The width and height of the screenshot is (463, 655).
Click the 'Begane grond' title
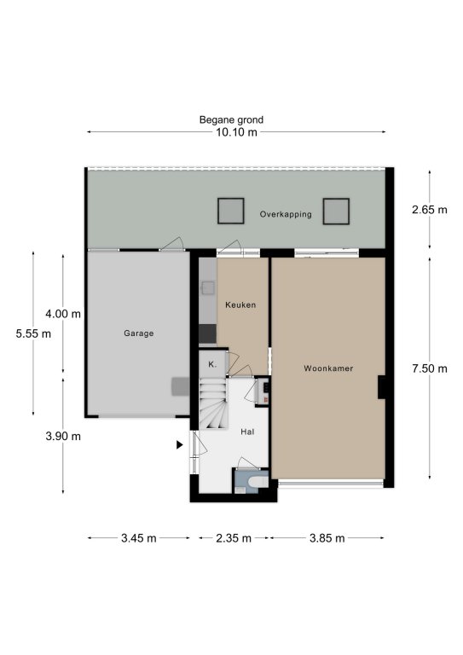(231, 120)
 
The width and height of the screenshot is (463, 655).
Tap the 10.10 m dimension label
(236, 132)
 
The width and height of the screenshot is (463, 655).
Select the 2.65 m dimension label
(429, 210)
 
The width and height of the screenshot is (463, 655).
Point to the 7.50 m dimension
(429, 368)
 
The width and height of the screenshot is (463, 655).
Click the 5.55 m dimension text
(33, 333)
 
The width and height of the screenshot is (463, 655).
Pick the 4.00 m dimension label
(63, 314)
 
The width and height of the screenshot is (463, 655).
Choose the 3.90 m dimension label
(63, 436)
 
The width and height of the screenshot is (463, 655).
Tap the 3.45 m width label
(139, 538)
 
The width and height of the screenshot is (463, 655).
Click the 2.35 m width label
(234, 538)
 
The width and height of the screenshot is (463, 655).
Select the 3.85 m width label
(327, 538)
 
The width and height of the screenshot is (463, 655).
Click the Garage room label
(139, 333)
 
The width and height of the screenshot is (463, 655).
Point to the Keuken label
(240, 305)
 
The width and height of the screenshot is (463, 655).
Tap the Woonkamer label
(328, 368)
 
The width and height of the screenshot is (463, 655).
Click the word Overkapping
(286, 214)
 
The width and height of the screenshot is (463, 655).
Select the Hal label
(247, 432)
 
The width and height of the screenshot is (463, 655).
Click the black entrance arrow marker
(180, 445)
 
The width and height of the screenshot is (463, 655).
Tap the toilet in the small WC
(258, 483)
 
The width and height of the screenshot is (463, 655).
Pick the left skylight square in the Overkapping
(230, 211)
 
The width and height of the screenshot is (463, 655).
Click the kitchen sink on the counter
(208, 287)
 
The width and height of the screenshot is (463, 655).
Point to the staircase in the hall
(213, 403)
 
